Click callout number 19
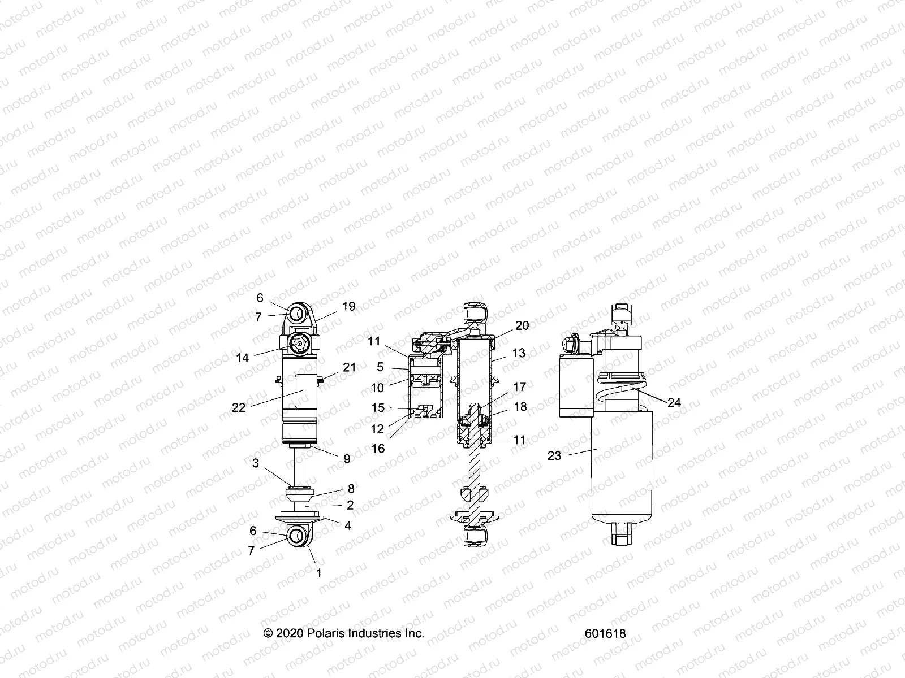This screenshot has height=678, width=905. tap(348, 307)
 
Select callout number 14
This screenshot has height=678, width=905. tap(243, 358)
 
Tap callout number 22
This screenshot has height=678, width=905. tap(239, 407)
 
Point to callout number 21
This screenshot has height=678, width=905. tap(350, 367)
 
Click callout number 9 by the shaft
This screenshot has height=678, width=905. tap(347, 459)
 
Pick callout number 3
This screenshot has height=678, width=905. tap(256, 463)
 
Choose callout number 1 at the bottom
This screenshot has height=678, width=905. tap(318, 573)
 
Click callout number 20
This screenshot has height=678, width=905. tap(522, 325)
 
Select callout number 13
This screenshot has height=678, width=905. tap(519, 353)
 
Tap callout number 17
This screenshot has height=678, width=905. tap(519, 387)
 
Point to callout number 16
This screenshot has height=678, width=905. tap(378, 449)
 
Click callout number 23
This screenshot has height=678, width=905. tap(554, 455)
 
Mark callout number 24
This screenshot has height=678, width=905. tap(674, 403)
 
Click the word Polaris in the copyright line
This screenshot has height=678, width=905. tap(327, 633)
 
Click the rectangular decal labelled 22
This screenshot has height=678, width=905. tap(305, 391)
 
